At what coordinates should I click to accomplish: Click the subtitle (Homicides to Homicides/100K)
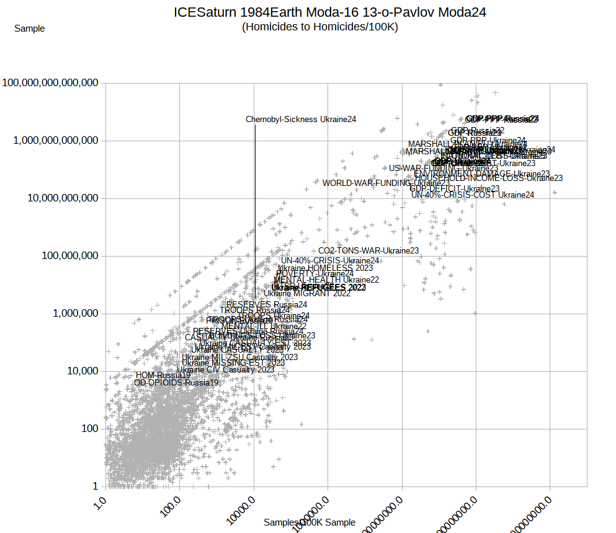[320, 27]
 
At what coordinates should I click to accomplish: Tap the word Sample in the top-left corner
[29, 28]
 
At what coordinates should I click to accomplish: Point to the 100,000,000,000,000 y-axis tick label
[51, 83]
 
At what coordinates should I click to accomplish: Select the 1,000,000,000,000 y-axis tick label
[56, 141]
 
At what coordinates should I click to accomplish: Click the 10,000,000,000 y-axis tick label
[60, 198]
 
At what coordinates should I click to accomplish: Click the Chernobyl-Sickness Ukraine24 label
[301, 120]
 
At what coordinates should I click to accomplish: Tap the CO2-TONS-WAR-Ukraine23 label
[368, 250]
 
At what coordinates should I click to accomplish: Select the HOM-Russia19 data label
[163, 375]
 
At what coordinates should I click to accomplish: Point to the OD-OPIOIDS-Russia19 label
[176, 382]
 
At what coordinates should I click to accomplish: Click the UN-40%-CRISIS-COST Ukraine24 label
[472, 195]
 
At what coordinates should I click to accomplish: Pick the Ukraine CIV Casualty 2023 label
[225, 369]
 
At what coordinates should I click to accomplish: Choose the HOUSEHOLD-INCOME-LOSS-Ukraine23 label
[488, 178]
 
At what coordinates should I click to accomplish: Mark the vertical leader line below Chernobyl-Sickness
[255, 205]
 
